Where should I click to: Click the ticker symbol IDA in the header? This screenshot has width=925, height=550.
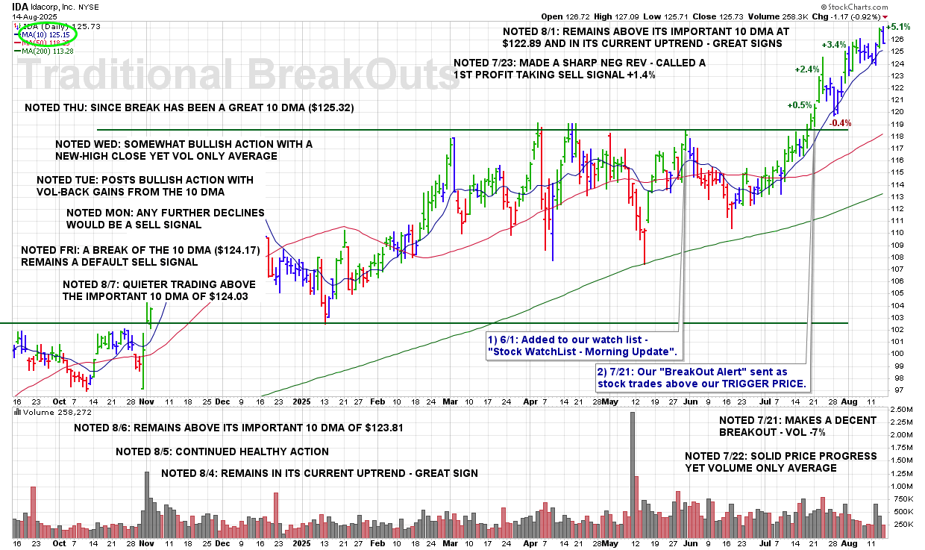pyautogui.click(x=20, y=5)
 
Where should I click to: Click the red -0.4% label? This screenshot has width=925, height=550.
pyautogui.click(x=841, y=123)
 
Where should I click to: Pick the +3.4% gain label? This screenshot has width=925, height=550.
pyautogui.click(x=834, y=45)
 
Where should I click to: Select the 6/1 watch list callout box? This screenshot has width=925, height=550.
pyautogui.click(x=582, y=346)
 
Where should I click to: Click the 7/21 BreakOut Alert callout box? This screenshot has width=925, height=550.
pyautogui.click(x=702, y=378)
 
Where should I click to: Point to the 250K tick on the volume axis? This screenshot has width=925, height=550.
pyautogui.click(x=906, y=524)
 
